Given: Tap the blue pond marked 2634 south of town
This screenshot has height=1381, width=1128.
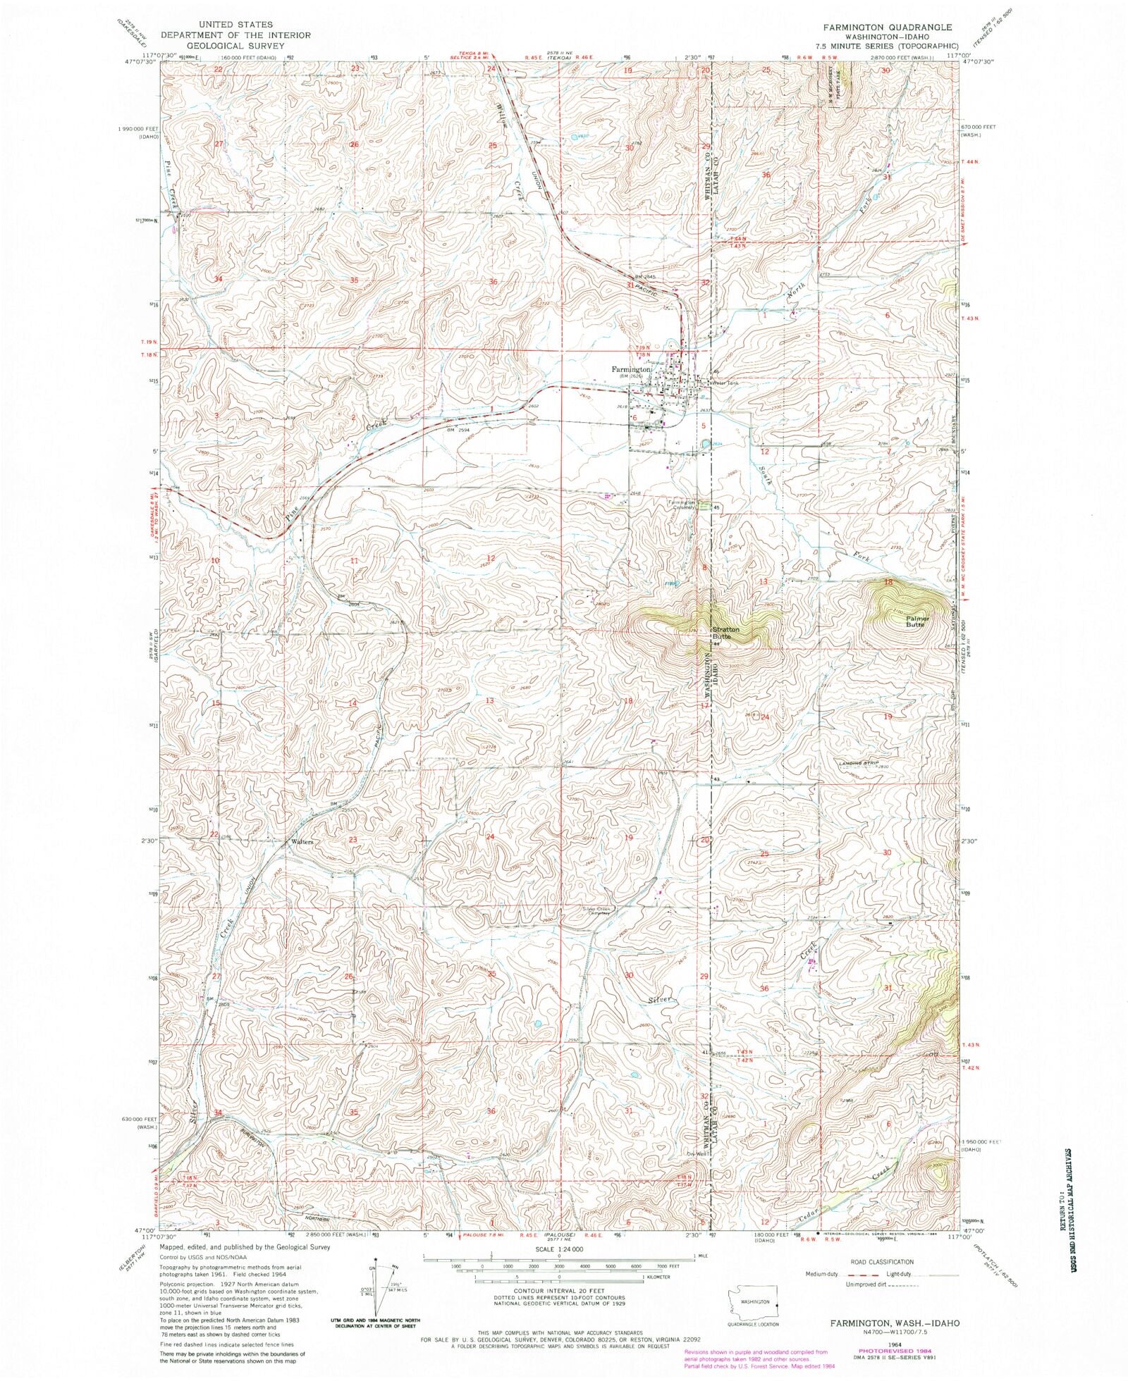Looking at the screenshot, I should tap(705, 444).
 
